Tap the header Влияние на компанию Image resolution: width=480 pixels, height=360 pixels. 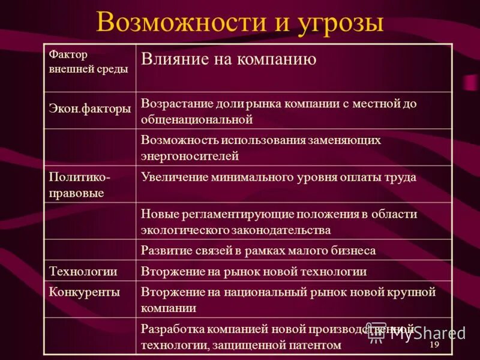(x=228, y=59)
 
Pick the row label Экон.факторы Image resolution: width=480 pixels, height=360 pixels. (x=89, y=109)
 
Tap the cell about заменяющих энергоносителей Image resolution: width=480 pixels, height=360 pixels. (x=261, y=148)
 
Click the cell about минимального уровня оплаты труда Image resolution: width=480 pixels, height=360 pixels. (x=278, y=177)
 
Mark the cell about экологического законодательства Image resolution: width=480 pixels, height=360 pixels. (x=279, y=221)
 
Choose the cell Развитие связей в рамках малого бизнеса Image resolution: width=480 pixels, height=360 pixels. (x=258, y=250)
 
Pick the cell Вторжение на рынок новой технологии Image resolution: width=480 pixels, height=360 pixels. (x=254, y=271)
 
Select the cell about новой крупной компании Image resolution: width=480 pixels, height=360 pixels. (x=288, y=299)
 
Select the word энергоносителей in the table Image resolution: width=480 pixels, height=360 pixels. (x=190, y=156)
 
